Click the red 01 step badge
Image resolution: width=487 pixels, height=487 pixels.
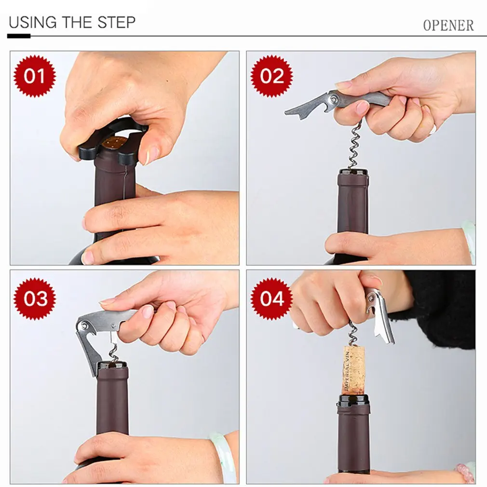point(34,76)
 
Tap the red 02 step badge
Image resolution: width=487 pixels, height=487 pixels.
point(271,76)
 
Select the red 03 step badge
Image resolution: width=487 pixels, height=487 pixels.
point(34,299)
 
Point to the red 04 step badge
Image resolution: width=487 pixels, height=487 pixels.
point(271,299)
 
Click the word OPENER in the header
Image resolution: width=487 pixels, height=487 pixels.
point(448,26)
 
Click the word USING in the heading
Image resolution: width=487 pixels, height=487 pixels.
point(33,22)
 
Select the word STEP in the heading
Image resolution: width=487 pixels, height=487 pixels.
point(117,23)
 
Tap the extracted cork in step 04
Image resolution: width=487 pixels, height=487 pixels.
point(353,370)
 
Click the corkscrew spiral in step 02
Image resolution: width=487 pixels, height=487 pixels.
point(354,146)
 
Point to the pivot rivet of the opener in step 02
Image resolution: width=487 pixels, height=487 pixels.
point(334,99)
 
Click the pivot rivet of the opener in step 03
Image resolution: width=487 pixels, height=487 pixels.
point(84,326)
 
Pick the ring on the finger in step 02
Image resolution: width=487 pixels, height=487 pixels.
point(432,129)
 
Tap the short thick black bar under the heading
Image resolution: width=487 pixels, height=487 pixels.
point(19,36)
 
